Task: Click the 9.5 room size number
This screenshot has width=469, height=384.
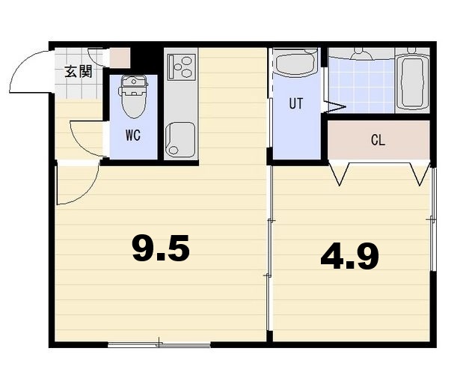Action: pos(161,249)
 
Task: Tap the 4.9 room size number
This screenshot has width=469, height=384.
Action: pos(349,257)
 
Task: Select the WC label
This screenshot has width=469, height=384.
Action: pos(133,136)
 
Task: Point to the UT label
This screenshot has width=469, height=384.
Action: pos(296,104)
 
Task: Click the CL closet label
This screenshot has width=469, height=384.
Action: pos(378,141)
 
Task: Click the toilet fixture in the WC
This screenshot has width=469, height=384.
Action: pos(133,96)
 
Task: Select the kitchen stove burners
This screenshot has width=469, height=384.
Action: pos(180,66)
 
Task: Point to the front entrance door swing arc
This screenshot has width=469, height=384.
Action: pos(30,71)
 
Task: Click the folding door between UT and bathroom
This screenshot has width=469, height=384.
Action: pos(334,106)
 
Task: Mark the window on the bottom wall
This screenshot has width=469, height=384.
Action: pos(159,344)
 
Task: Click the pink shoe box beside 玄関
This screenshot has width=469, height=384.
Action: pos(120,58)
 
